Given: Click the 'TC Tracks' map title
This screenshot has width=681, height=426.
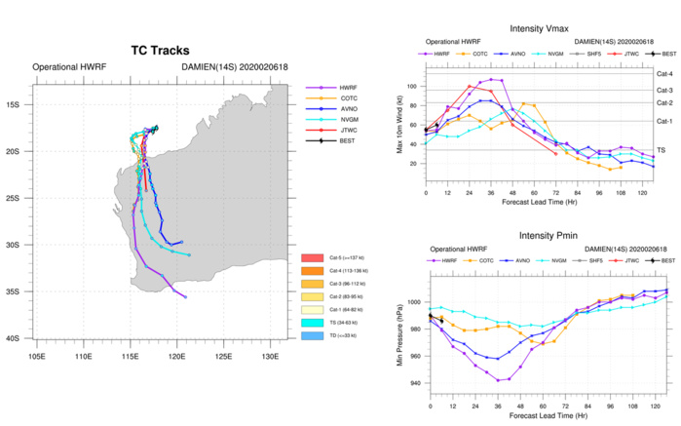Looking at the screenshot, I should click(x=160, y=50).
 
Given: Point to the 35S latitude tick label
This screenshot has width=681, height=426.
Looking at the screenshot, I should click(x=20, y=291).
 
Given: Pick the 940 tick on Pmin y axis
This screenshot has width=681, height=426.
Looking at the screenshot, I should click(x=414, y=383).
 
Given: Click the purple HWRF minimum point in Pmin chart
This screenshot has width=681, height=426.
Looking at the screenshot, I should click(x=499, y=380).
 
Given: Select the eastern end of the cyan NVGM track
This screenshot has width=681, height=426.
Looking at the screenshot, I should click(x=188, y=254).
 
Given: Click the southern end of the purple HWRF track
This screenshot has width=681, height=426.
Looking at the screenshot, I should click(x=185, y=295).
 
